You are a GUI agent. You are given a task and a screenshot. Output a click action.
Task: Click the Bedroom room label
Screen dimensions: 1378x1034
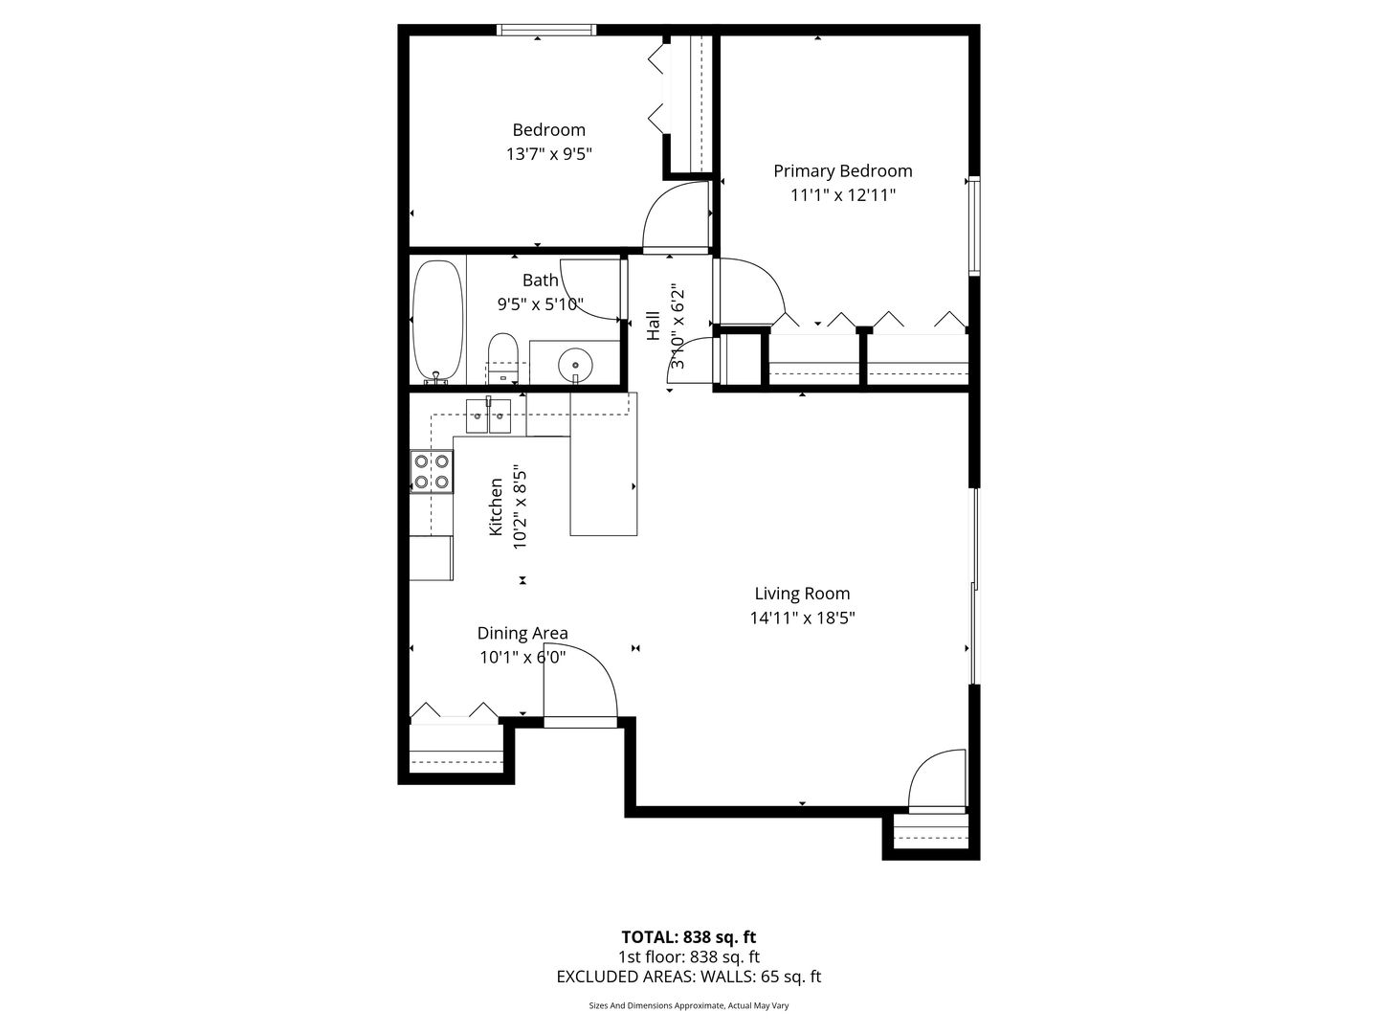(x=548, y=130)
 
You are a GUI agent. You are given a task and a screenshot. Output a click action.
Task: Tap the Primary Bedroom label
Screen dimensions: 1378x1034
(x=842, y=170)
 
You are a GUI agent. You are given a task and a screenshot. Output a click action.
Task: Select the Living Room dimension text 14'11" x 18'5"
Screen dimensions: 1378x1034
(x=802, y=618)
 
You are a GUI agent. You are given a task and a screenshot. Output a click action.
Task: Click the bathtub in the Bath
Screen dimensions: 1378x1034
(x=437, y=322)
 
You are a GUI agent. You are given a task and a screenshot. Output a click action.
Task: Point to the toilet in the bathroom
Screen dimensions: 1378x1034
(x=501, y=358)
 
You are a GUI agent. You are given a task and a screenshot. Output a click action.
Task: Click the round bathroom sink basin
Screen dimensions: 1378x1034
(x=575, y=364)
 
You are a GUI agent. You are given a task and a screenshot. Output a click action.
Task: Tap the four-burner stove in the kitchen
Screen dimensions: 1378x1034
(x=432, y=471)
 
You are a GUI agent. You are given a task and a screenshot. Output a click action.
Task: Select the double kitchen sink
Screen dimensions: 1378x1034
(x=488, y=416)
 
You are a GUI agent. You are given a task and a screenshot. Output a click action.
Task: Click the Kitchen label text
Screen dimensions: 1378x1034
(x=496, y=506)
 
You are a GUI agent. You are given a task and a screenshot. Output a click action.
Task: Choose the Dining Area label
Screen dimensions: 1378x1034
(x=522, y=633)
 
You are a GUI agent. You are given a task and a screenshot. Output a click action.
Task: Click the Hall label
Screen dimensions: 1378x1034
(x=654, y=326)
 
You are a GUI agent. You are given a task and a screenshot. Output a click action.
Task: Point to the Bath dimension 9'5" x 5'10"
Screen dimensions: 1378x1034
(x=540, y=304)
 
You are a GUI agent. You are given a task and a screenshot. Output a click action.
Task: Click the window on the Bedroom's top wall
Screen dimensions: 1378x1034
(x=546, y=30)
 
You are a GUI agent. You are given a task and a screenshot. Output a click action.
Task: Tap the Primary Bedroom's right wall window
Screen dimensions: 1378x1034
(x=974, y=226)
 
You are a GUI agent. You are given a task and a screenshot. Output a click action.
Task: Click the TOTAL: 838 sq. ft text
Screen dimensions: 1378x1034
(x=689, y=937)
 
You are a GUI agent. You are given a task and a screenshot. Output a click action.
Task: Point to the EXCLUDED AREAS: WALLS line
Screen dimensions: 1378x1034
(x=689, y=977)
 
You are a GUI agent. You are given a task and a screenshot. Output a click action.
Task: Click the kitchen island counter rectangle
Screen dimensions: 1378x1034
(x=603, y=464)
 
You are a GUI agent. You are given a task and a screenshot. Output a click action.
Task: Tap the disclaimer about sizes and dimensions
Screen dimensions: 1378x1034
(x=689, y=1005)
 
